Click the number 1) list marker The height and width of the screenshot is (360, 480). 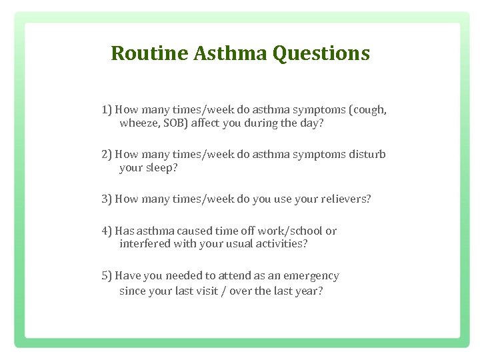[107, 110]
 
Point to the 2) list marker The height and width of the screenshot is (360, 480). [107, 155]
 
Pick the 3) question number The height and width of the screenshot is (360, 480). [107, 199]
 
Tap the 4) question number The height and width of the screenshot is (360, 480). [107, 231]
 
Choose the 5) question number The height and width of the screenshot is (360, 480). [107, 275]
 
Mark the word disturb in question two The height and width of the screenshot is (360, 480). [367, 155]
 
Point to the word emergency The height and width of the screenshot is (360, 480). [311, 275]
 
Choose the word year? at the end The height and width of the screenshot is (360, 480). [308, 291]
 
